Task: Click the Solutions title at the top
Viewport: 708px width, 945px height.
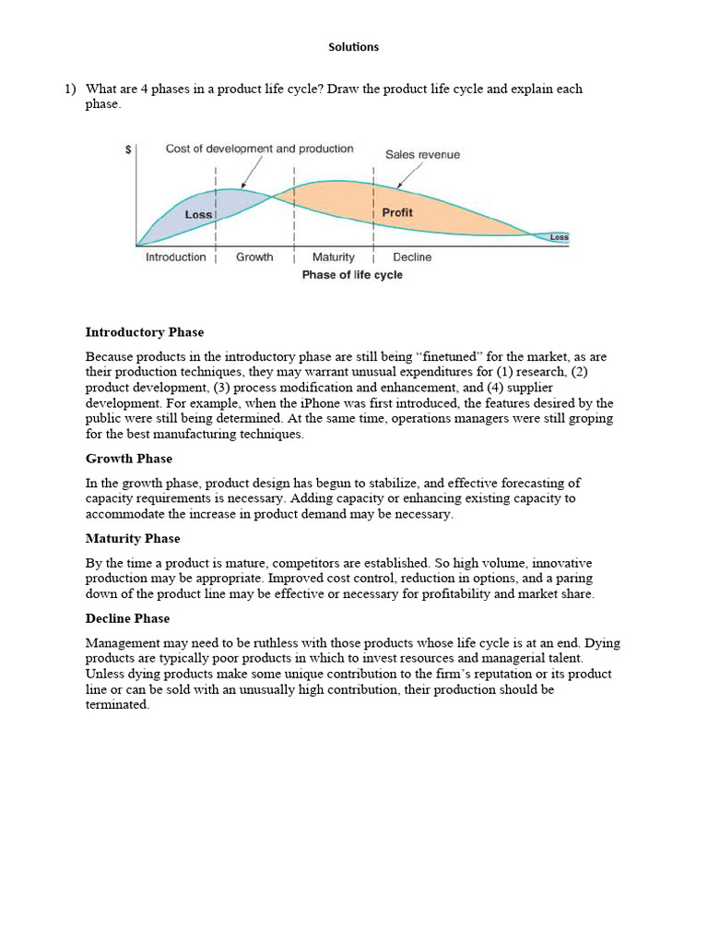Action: [x=354, y=47]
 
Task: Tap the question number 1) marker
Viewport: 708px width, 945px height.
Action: [x=69, y=90]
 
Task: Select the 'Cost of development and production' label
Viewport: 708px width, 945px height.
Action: [x=259, y=149]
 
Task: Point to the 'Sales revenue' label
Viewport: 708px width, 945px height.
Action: [x=422, y=155]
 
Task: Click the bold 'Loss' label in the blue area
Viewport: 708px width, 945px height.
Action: [x=198, y=214]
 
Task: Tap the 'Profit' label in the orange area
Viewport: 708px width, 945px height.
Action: [x=397, y=212]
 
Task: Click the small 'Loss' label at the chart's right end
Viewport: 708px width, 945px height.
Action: [x=560, y=237]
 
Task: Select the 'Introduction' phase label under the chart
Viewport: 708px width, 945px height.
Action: [x=176, y=257]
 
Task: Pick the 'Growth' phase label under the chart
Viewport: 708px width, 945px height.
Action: [x=254, y=257]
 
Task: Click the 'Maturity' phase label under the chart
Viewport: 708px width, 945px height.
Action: [x=333, y=257]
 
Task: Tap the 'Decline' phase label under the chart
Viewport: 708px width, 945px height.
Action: [x=412, y=257]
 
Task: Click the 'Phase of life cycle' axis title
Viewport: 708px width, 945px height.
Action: [x=352, y=275]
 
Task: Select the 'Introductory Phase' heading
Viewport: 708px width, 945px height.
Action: [x=145, y=332]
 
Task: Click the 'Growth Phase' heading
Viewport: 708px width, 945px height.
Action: [x=129, y=459]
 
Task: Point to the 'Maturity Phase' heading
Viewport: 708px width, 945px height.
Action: [x=133, y=538]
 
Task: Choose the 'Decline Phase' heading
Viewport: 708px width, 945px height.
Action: [x=128, y=618]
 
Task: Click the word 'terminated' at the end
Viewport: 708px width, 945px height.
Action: [x=116, y=705]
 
